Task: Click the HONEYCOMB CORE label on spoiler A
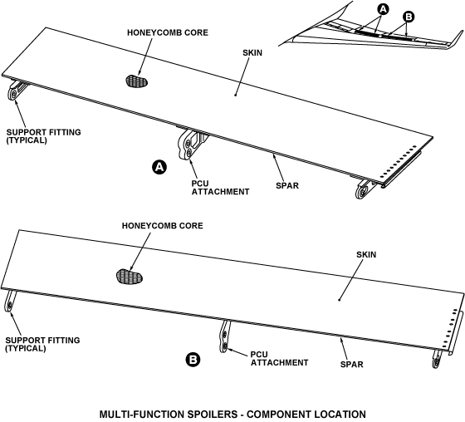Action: [168, 32]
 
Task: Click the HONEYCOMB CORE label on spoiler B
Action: [163, 226]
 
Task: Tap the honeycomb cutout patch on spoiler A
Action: [137, 81]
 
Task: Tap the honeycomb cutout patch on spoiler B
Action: [130, 277]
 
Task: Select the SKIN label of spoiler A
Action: [252, 53]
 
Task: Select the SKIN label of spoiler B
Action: [366, 255]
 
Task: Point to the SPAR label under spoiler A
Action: [287, 186]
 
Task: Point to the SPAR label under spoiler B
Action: [352, 364]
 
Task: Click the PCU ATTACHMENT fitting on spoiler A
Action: [191, 144]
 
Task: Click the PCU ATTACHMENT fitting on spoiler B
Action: [225, 336]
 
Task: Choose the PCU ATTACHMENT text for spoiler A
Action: [220, 188]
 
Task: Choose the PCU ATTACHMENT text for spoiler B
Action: [279, 359]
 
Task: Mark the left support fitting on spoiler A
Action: [16, 90]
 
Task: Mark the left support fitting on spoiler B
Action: [9, 301]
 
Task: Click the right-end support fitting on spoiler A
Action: [365, 189]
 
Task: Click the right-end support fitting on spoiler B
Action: [437, 359]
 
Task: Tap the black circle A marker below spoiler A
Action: [159, 167]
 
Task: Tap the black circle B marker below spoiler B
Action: [193, 360]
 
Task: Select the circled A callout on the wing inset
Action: [384, 9]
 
